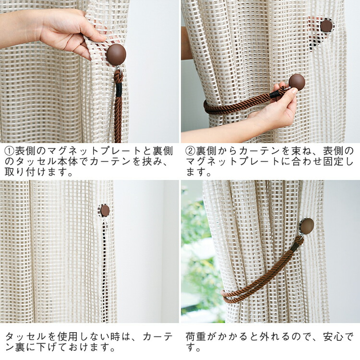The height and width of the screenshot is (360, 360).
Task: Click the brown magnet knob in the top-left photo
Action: [x=117, y=55]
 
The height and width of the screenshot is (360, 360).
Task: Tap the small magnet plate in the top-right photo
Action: [x=326, y=25]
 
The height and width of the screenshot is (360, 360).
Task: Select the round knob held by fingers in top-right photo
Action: [x=297, y=82]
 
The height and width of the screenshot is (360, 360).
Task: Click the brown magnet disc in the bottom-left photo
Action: [x=105, y=211]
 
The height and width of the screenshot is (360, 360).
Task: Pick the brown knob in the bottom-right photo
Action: [x=307, y=226]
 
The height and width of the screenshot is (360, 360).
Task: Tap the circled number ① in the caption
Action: [x=10, y=151]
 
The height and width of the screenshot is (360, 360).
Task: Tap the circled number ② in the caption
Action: [x=190, y=151]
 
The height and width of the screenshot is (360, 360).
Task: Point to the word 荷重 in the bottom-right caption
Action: [x=196, y=336]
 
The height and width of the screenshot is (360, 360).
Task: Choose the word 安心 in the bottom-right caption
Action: [x=334, y=336]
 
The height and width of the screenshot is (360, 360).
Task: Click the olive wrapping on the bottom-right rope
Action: [x=295, y=248]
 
